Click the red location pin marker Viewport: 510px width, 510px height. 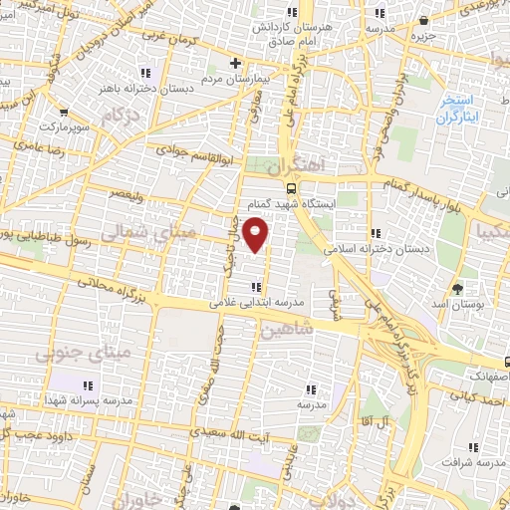pos(257,234)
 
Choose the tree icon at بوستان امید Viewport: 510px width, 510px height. pos(456,288)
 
